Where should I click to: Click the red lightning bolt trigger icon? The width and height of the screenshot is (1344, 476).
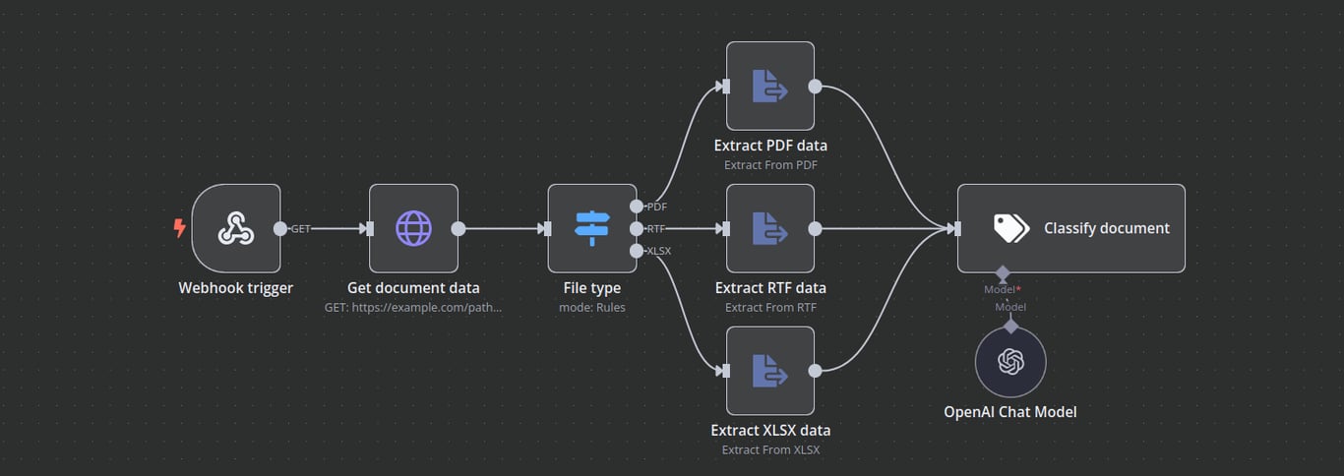tap(179, 228)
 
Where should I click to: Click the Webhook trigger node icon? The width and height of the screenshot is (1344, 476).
tap(236, 228)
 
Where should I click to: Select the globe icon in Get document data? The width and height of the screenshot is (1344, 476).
tap(413, 228)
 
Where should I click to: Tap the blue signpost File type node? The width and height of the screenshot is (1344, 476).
tap(592, 228)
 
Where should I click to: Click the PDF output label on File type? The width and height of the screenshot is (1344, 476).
tap(656, 207)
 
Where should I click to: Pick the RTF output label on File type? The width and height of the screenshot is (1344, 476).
tap(656, 228)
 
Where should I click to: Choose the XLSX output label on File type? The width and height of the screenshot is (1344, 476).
tap(658, 251)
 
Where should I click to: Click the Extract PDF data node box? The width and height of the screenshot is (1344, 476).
tap(770, 86)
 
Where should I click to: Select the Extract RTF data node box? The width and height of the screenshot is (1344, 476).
tap(770, 228)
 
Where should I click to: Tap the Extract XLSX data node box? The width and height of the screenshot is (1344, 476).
tap(770, 371)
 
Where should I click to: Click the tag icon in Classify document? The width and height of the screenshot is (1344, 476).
tap(1010, 228)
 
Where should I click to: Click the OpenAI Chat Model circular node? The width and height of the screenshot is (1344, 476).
tap(1010, 363)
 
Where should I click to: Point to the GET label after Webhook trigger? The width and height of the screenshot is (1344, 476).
tap(300, 228)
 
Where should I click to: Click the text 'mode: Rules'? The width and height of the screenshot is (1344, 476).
tap(591, 307)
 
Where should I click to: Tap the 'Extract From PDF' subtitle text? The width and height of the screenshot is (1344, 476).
tap(770, 164)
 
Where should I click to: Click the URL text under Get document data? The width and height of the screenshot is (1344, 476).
tap(413, 307)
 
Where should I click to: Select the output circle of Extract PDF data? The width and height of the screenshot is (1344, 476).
tap(815, 86)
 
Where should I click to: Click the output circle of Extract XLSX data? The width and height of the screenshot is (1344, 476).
tap(815, 371)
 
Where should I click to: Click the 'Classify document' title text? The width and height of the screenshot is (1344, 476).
tap(1106, 228)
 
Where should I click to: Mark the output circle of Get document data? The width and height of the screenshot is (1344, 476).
tap(458, 228)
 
